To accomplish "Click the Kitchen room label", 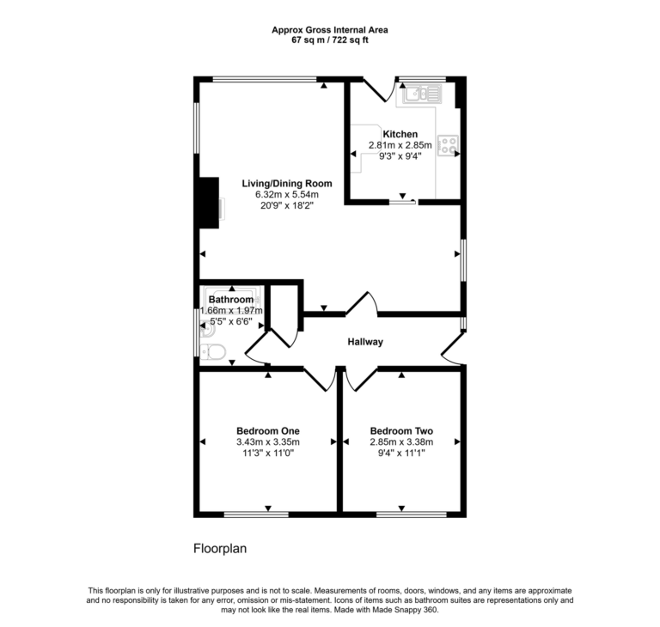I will tap(400, 134).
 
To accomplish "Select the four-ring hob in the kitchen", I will tap(448, 145).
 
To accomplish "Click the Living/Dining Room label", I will tap(286, 183).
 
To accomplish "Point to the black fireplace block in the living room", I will tap(207, 204).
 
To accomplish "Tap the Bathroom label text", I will tap(230, 299).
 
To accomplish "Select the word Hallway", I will tap(364, 342).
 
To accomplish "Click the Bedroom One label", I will tap(267, 430).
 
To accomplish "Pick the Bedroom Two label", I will tap(400, 430).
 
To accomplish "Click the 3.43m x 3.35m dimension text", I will tap(267, 442).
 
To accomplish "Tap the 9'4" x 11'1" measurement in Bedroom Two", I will tap(400, 454).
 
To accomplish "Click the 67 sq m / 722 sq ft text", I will tap(329, 40).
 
